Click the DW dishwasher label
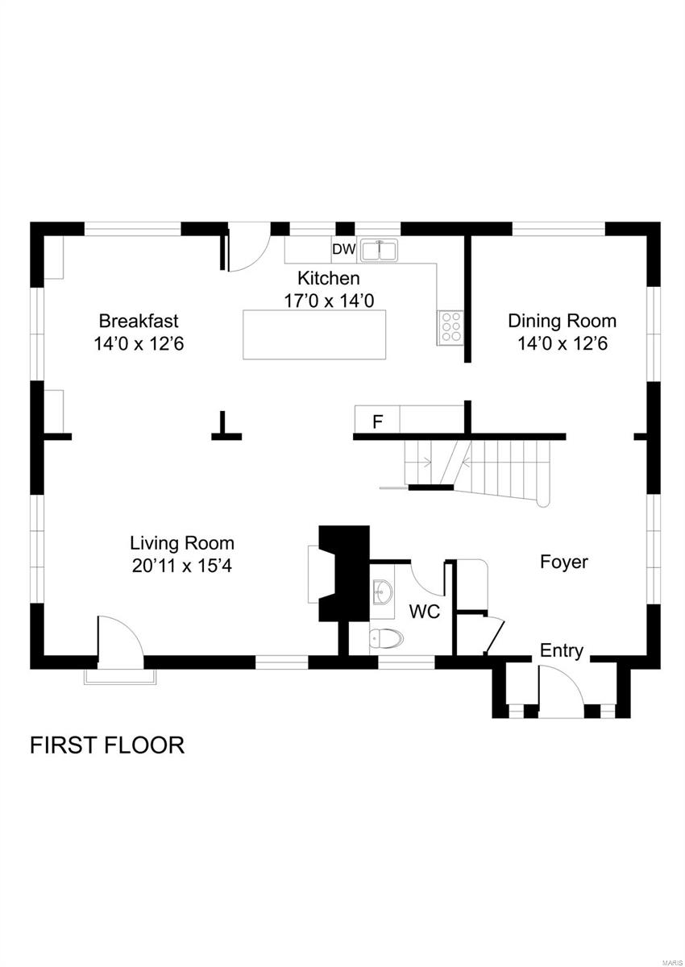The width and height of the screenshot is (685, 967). coord(343,250)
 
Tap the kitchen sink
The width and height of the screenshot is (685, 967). coord(378,251)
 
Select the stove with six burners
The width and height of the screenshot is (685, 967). coord(450,327)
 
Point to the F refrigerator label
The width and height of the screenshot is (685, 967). coord(376,421)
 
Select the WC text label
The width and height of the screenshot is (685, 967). coord(424,612)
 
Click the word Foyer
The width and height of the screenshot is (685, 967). coord(563,562)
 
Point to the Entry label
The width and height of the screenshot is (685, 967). coord(561,651)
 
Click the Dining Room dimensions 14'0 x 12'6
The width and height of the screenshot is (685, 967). coord(562,343)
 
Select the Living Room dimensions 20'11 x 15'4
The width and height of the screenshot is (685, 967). coord(182,566)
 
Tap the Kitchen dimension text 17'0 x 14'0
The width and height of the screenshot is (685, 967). coord(328,301)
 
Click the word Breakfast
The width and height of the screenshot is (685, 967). coord(139,320)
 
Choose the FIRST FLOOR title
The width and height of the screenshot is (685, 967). coord(107,745)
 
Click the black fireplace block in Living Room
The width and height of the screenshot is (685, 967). coord(344,572)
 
